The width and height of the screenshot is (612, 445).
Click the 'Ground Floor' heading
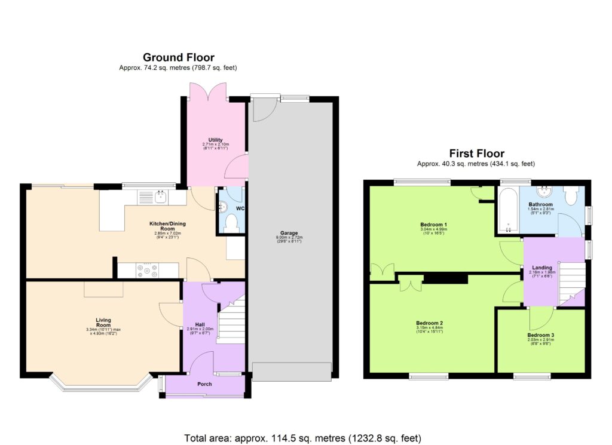tap(178, 57)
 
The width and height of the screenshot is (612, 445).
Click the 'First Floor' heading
tap(476, 154)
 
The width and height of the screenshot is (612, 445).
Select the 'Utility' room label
tap(215, 140)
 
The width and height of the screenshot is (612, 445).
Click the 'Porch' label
tap(204, 384)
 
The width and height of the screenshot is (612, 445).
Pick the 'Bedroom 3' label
tap(540, 335)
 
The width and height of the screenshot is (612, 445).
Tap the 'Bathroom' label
tap(541, 204)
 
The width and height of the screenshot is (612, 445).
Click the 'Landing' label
tap(542, 268)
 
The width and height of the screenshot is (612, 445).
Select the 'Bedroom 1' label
tap(433, 225)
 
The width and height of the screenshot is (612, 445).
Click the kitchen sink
tap(160, 196)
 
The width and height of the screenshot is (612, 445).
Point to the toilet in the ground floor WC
tap(232, 223)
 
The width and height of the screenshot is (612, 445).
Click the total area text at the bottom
tap(305, 437)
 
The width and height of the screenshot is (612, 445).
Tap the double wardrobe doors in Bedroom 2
tap(409, 284)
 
